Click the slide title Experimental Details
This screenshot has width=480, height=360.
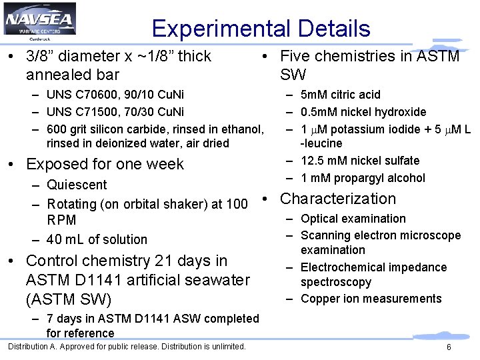tap(261, 29)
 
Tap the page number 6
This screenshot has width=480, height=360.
tap(449, 347)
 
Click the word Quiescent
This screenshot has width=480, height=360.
tap(77, 185)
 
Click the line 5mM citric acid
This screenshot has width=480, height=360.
tap(340, 95)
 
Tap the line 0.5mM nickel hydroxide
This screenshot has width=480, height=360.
tap(363, 111)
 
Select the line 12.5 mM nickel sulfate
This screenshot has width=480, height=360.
tap(360, 161)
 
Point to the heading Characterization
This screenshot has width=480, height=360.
tap(338, 199)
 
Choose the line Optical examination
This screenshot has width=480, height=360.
tap(353, 219)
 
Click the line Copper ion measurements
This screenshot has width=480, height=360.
tap(371, 299)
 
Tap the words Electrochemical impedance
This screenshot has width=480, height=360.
tap(373, 267)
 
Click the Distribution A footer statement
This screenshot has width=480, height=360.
tap(127, 346)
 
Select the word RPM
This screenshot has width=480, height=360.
tap(61, 220)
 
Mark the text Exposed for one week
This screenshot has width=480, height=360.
tap(105, 164)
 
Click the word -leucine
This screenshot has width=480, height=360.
tap(321, 143)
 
